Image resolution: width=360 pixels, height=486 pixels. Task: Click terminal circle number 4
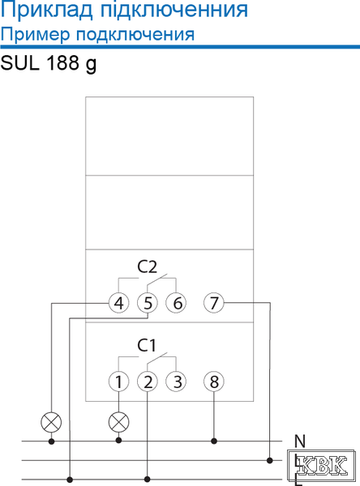(118, 303)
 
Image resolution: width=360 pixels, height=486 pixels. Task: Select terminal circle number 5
(148, 303)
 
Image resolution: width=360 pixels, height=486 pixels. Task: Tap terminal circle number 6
(176, 303)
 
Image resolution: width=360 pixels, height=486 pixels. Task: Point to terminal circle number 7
(214, 303)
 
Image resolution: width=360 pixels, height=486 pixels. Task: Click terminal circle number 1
(118, 382)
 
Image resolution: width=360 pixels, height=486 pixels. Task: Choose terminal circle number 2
(148, 382)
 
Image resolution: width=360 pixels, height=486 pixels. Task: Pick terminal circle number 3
(176, 382)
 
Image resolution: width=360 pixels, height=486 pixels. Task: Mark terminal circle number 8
(214, 382)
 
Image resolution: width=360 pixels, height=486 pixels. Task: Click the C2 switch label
(147, 266)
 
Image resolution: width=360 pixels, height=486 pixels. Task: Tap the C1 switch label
(147, 345)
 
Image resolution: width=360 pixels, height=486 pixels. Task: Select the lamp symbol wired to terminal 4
(52, 422)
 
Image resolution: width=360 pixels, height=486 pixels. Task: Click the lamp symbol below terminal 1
(118, 422)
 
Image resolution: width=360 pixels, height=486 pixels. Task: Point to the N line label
(300, 441)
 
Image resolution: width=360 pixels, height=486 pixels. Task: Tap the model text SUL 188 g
(49, 63)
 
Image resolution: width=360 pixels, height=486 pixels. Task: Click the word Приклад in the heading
(46, 11)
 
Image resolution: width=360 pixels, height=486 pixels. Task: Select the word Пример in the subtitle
(35, 35)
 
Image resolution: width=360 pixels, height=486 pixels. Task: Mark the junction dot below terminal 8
(214, 441)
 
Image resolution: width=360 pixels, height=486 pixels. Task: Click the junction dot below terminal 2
(148, 480)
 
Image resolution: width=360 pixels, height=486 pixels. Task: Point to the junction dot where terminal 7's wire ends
(270, 460)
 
